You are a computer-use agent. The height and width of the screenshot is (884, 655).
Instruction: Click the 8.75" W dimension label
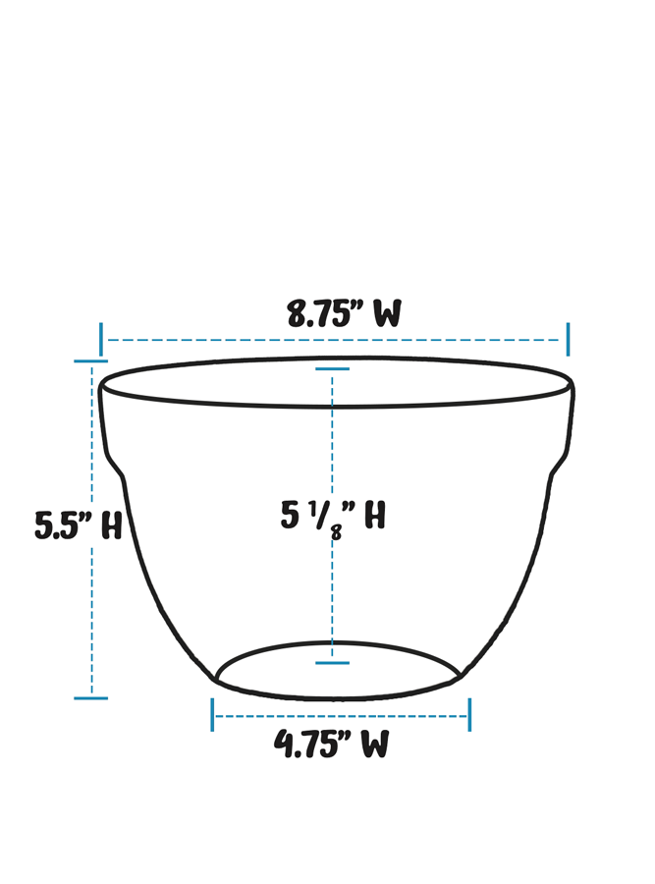344,314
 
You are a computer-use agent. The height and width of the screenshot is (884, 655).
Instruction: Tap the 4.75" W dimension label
331,745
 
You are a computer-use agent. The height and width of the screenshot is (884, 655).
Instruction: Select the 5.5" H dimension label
79,525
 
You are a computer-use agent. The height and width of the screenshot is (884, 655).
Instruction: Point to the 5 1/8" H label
332,516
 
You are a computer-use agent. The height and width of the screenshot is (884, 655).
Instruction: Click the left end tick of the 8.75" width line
101,340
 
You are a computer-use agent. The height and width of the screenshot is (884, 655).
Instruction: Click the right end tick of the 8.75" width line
568,340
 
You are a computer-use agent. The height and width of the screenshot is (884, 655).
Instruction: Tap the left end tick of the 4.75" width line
212,715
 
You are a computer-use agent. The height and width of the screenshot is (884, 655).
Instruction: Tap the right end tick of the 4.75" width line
469,715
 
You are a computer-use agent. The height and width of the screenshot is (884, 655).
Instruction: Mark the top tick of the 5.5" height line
91,361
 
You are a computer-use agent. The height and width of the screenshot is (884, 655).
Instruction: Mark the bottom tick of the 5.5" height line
91,698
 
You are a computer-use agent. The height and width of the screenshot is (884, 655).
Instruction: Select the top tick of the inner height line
332,369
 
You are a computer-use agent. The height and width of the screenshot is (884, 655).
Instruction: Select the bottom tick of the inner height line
332,663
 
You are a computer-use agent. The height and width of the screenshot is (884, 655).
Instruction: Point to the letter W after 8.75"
387,314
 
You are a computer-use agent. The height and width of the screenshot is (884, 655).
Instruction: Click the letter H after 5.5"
111,525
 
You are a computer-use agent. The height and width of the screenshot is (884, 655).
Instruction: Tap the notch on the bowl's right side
559,462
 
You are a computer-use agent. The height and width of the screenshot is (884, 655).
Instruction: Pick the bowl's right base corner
461,677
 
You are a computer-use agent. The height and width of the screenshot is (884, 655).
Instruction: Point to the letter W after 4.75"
374,745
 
